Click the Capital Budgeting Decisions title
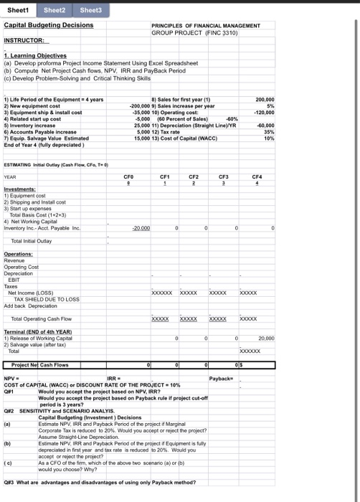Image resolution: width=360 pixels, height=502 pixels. click(49, 25)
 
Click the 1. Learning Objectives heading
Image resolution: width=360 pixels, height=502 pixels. click(33, 55)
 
